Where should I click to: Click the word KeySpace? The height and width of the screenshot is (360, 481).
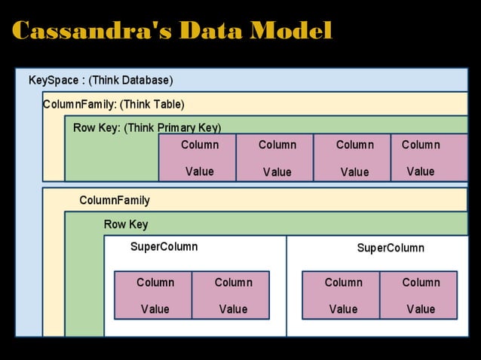point(54,80)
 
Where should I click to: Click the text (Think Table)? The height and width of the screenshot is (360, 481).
point(152,104)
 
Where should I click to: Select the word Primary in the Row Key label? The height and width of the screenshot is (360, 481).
point(177,128)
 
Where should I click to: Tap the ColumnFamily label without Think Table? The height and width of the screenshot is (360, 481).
point(115,200)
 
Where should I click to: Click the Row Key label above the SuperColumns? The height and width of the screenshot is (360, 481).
point(126,224)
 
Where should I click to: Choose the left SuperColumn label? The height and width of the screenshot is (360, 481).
point(164,247)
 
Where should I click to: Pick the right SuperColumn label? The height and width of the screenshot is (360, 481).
point(391,248)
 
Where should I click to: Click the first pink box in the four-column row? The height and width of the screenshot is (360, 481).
point(198,157)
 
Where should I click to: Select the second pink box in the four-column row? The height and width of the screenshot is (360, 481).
point(275,157)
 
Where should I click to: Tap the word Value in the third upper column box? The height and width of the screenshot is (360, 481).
point(354,172)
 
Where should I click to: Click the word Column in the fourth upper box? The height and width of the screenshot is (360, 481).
point(421,145)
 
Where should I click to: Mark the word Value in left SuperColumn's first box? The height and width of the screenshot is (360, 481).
point(155,309)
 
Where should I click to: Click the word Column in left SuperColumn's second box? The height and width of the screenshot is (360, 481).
point(233,282)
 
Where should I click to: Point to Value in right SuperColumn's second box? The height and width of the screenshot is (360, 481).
point(421,309)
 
